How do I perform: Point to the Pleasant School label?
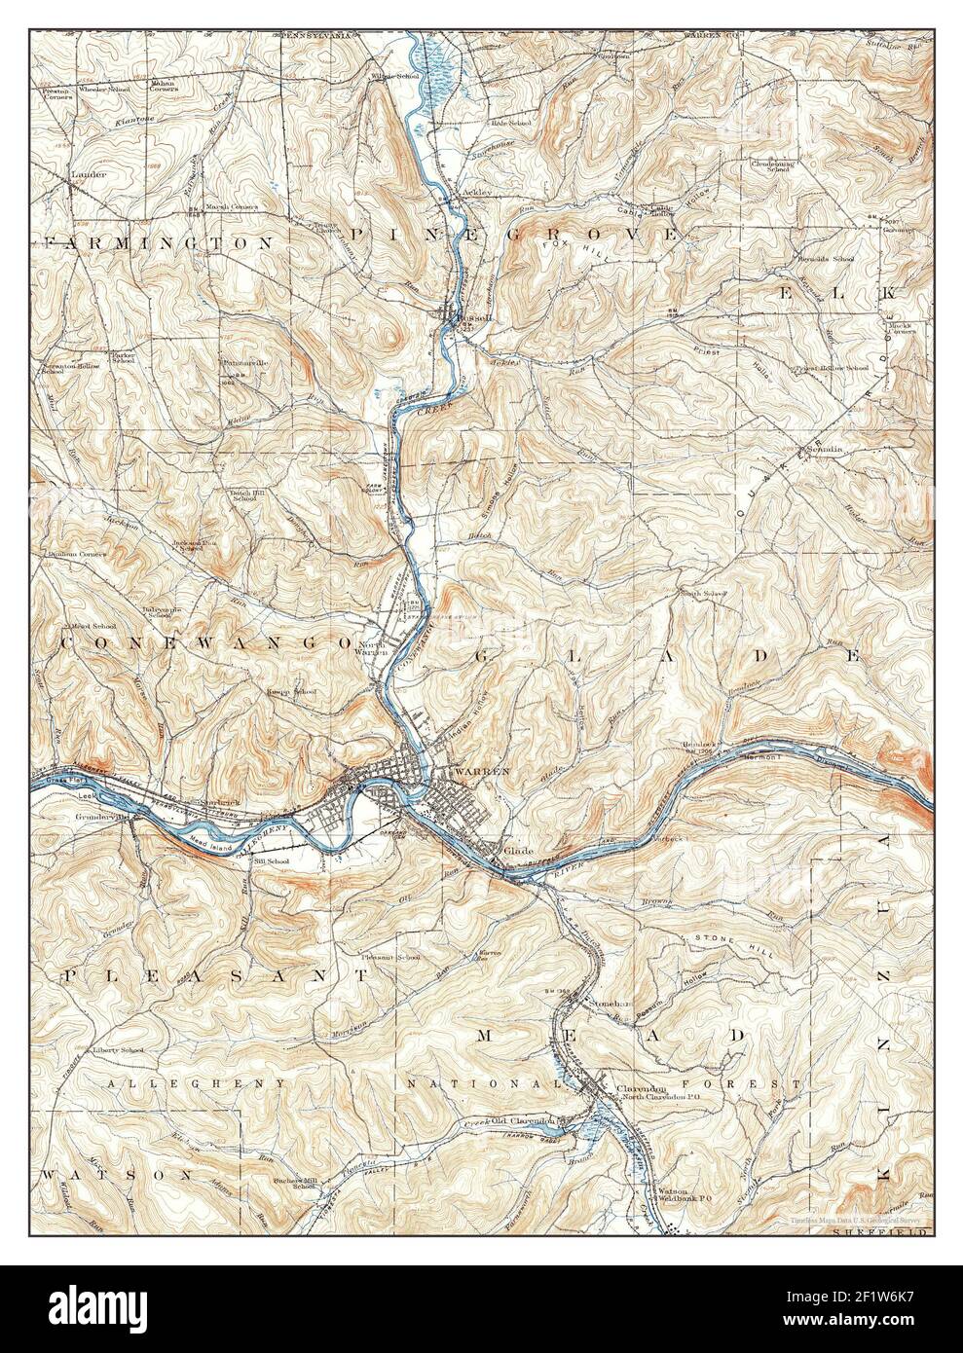(389, 958)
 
